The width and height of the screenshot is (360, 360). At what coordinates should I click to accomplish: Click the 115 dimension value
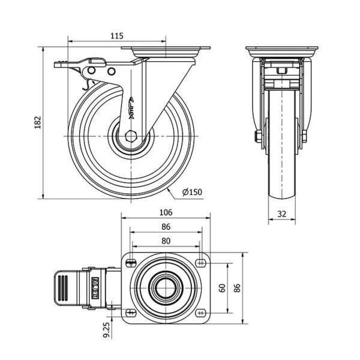pyautogui.click(x=117, y=36)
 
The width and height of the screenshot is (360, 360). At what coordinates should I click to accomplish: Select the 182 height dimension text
pyautogui.click(x=38, y=122)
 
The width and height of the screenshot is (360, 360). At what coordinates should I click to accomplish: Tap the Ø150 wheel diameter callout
pyautogui.click(x=192, y=192)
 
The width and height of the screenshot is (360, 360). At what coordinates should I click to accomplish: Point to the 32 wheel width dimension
pyautogui.click(x=282, y=214)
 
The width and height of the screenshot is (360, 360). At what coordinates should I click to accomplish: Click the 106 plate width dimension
pyautogui.click(x=166, y=212)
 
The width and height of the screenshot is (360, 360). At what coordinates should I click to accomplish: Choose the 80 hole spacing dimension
pyautogui.click(x=166, y=241)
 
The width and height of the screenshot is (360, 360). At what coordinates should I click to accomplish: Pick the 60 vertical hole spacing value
pyautogui.click(x=222, y=288)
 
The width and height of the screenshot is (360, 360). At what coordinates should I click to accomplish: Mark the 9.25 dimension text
pyautogui.click(x=106, y=329)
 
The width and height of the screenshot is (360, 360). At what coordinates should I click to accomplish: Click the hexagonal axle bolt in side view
pyautogui.click(x=131, y=136)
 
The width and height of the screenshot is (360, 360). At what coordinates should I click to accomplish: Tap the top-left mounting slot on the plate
pyautogui.click(x=131, y=262)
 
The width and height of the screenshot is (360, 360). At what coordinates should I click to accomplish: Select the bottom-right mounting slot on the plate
pyautogui.click(x=200, y=313)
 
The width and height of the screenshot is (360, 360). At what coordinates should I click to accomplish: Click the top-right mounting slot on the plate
pyautogui.click(x=200, y=262)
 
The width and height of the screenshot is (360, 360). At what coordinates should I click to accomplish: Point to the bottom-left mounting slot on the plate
pyautogui.click(x=131, y=313)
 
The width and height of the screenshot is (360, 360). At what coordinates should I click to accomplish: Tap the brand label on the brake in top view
pyautogui.click(x=95, y=288)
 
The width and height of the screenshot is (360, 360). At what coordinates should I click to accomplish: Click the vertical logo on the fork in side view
pyautogui.click(x=131, y=107)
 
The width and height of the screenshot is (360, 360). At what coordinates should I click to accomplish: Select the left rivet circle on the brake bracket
pyautogui.click(x=91, y=70)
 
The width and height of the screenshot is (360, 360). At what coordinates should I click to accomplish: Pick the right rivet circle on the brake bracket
pyautogui.click(x=112, y=71)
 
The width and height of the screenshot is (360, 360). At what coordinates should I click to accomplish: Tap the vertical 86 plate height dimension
pyautogui.click(x=237, y=288)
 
